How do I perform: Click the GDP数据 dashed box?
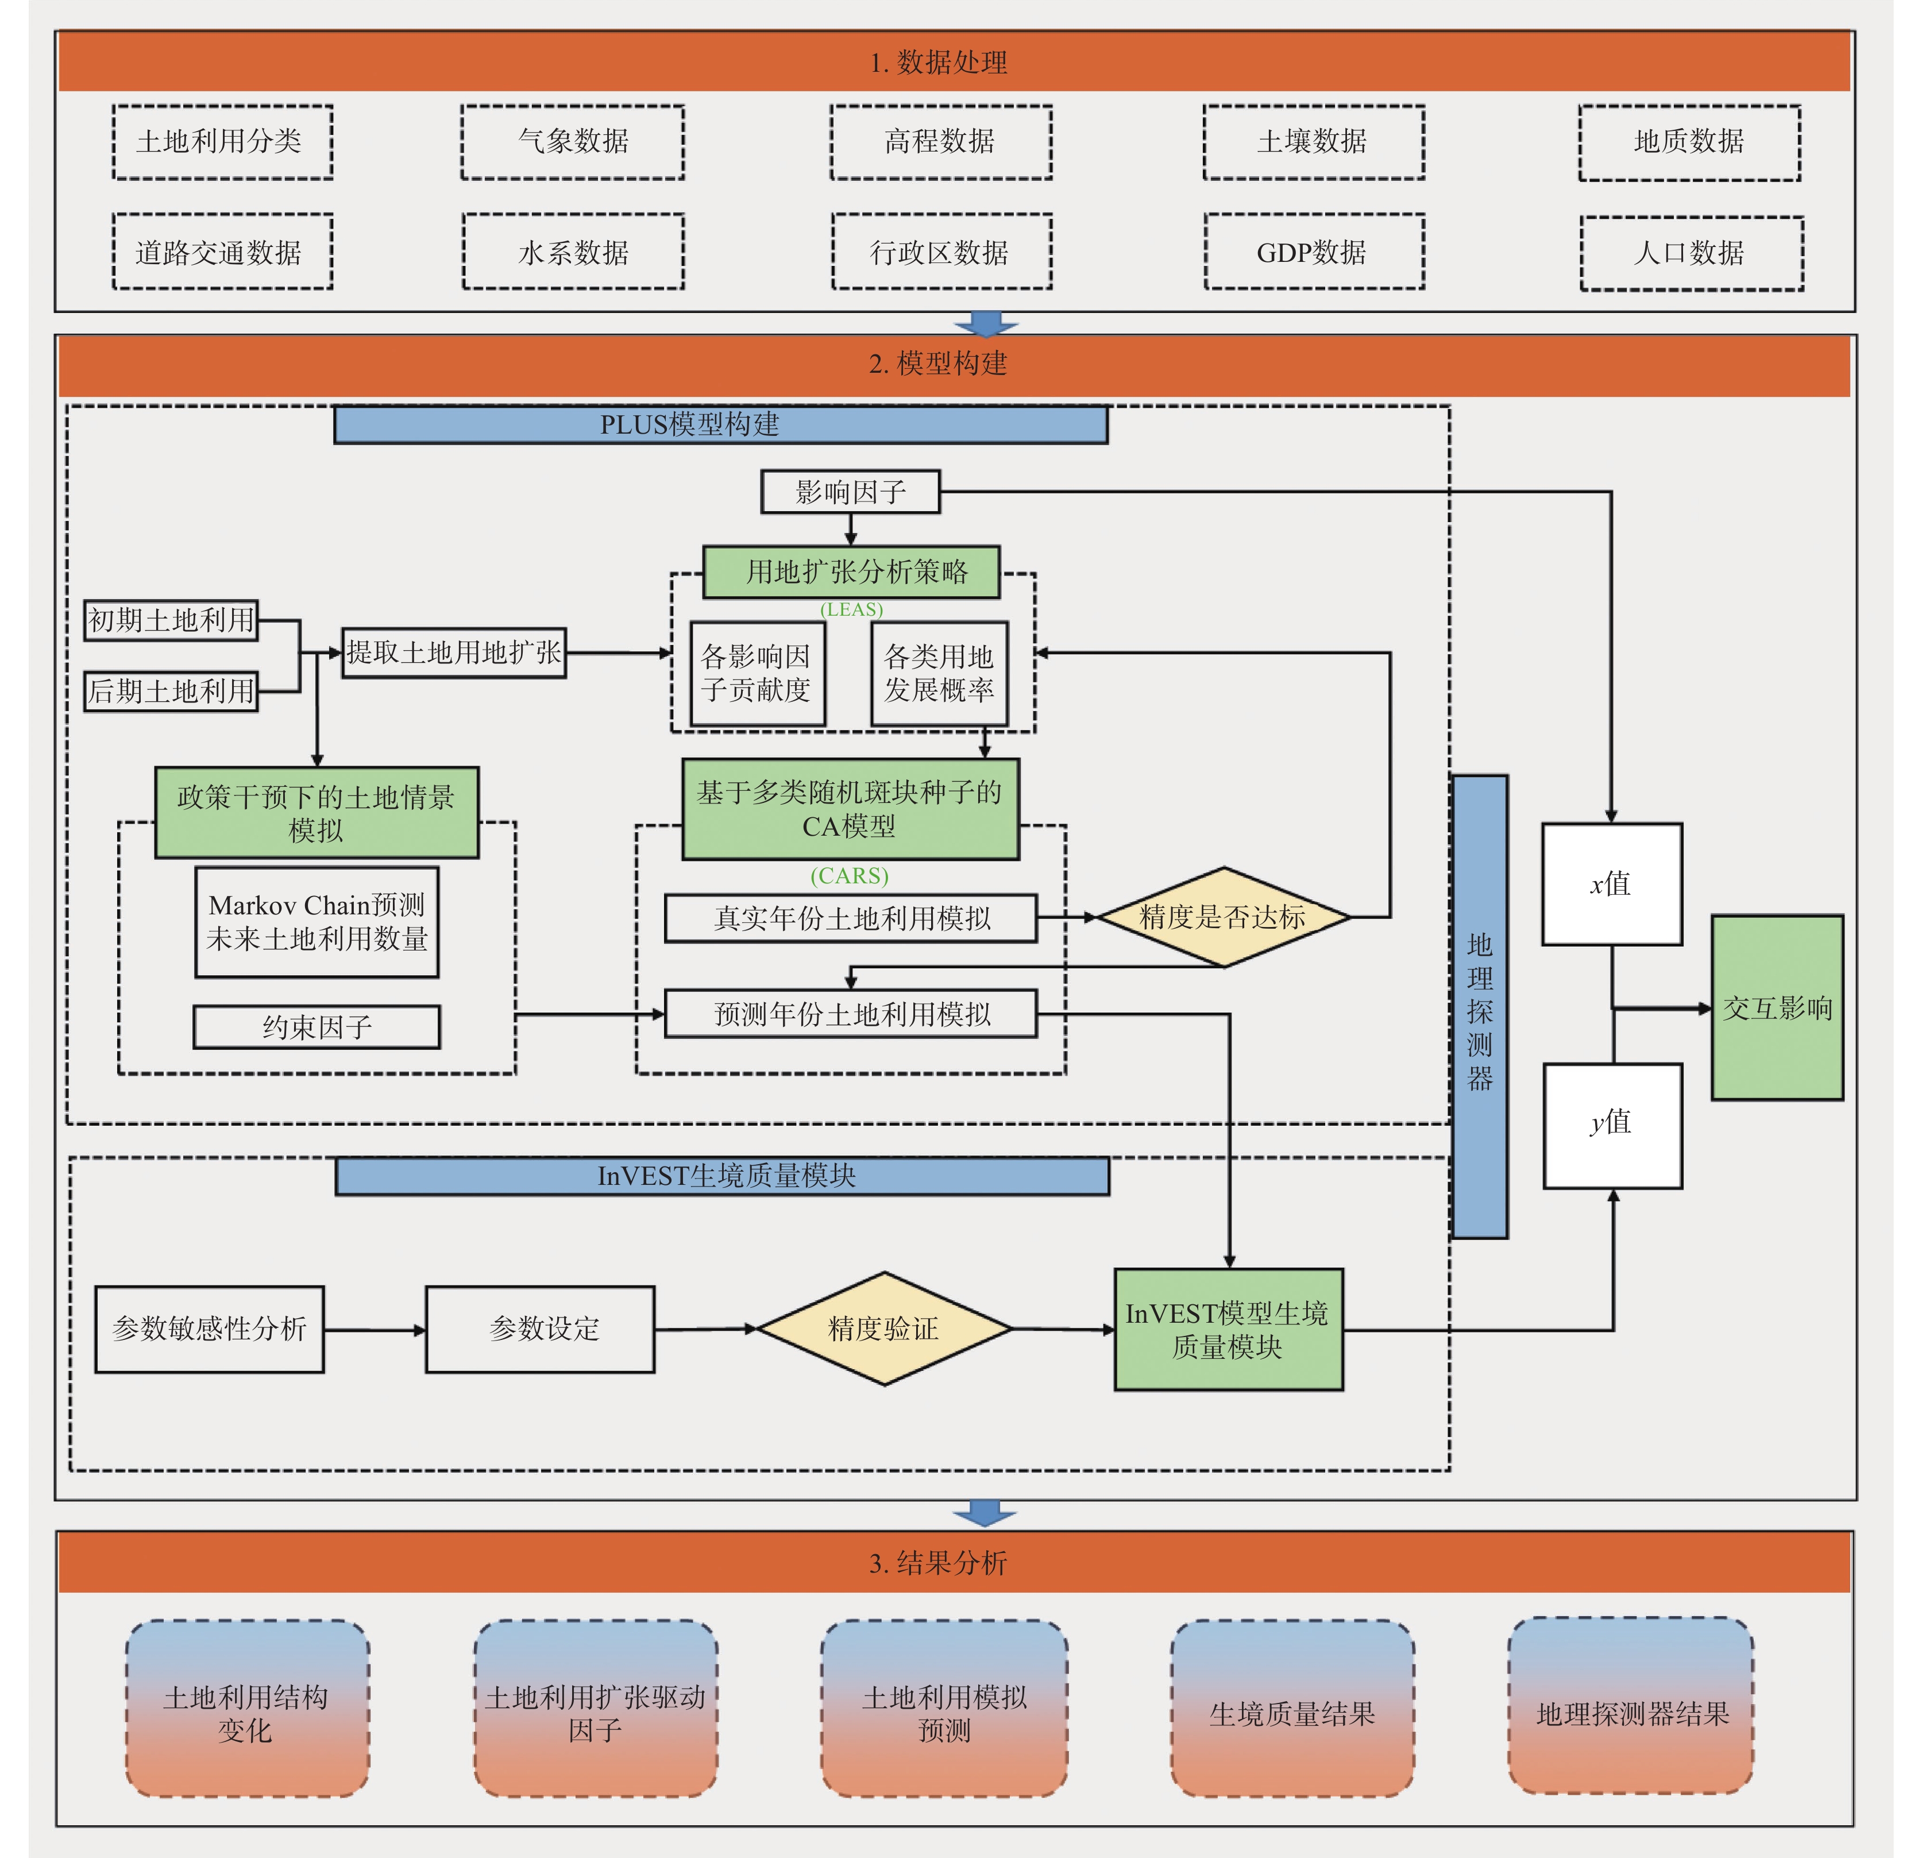(x=1314, y=252)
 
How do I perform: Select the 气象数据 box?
(x=573, y=142)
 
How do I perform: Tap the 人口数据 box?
(x=1692, y=253)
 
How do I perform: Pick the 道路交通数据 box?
(x=223, y=252)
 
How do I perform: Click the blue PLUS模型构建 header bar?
(x=721, y=424)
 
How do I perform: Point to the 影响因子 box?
(x=850, y=491)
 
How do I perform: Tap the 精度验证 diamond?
(x=885, y=1328)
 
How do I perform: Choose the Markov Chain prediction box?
(x=317, y=922)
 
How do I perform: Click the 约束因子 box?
(x=317, y=1026)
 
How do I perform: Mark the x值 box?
(x=1612, y=884)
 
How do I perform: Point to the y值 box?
(x=1613, y=1126)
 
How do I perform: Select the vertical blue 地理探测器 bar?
(x=1480, y=1007)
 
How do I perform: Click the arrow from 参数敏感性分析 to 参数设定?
(x=375, y=1331)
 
